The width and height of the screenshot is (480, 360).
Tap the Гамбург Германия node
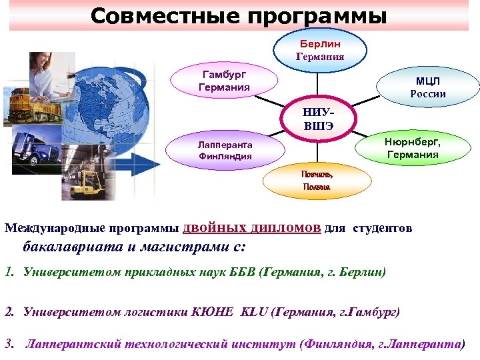[224, 81]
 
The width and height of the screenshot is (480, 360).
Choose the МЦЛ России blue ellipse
[428, 88]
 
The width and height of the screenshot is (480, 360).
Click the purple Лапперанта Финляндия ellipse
[224, 150]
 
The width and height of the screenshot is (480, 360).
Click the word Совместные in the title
[164, 15]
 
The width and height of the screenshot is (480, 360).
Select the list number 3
[9, 345]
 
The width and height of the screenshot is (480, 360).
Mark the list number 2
[9, 311]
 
